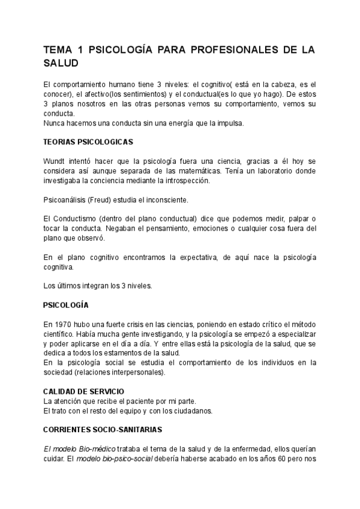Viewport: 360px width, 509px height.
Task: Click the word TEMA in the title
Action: pyautogui.click(x=59, y=50)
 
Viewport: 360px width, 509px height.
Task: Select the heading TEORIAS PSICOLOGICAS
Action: pyautogui.click(x=88, y=142)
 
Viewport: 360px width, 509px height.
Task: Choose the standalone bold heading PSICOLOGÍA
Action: pyautogui.click(x=66, y=305)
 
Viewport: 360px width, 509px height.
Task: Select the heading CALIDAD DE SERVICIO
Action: pyautogui.click(x=84, y=391)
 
